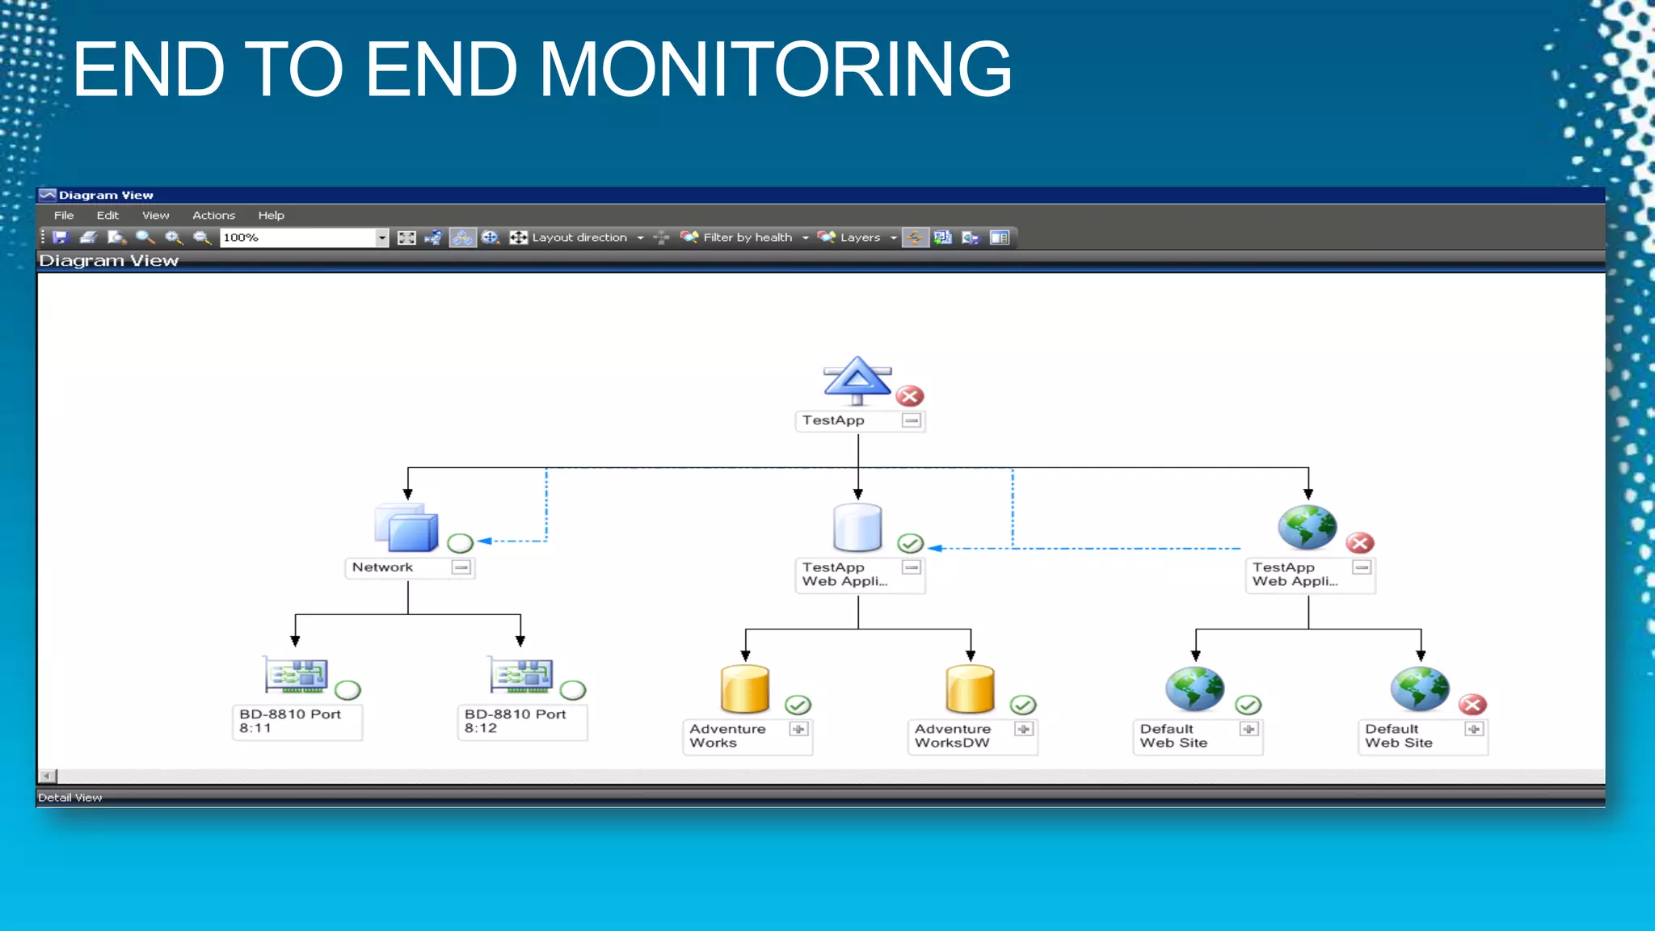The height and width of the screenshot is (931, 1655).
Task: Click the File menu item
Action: pyautogui.click(x=64, y=215)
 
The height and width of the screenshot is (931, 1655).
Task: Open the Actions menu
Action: pyautogui.click(x=213, y=215)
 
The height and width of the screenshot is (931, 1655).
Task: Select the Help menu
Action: pyautogui.click(x=271, y=215)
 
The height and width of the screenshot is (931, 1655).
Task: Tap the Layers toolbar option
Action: pyautogui.click(x=859, y=238)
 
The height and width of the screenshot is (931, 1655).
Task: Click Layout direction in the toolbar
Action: pyautogui.click(x=579, y=238)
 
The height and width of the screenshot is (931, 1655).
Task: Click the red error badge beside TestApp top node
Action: pyautogui.click(x=910, y=396)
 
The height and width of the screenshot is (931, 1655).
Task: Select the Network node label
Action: pyautogui.click(x=382, y=567)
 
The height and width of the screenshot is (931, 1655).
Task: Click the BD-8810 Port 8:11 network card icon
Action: pyautogui.click(x=297, y=676)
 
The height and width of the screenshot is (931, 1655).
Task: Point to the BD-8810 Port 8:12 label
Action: pyautogui.click(x=515, y=721)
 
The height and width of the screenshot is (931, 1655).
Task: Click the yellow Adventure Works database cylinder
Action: pyautogui.click(x=744, y=689)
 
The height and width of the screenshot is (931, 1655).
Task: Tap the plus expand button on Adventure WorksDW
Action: pyautogui.click(x=1024, y=729)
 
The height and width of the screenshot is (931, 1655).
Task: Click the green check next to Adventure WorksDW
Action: pyautogui.click(x=1023, y=705)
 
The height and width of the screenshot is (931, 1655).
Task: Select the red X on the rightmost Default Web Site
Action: pyautogui.click(x=1473, y=705)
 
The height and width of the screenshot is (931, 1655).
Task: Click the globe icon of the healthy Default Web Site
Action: pyautogui.click(x=1194, y=689)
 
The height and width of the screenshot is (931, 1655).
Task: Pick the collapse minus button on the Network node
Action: pyautogui.click(x=461, y=567)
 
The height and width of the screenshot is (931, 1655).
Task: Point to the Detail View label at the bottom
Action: pyautogui.click(x=70, y=798)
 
